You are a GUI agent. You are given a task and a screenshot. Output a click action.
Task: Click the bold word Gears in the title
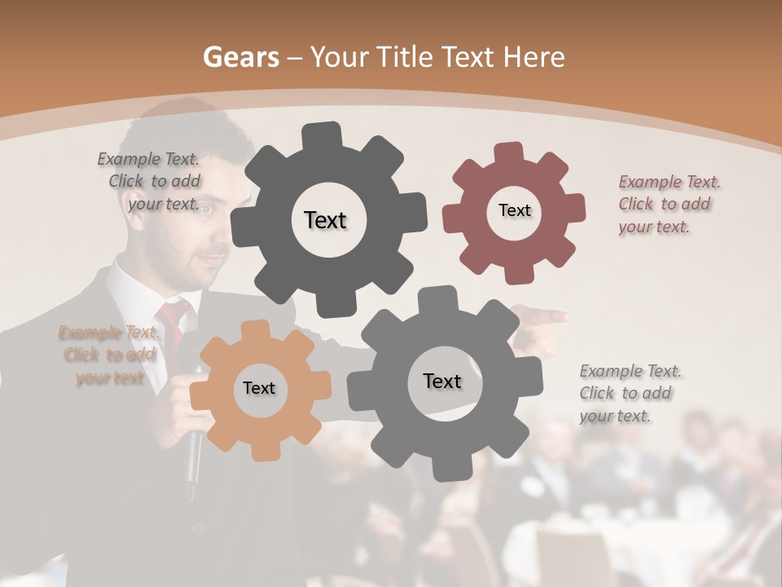click(239, 57)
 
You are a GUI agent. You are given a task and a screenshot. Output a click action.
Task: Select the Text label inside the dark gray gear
click(325, 220)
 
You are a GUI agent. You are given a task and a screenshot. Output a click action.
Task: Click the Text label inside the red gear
click(514, 210)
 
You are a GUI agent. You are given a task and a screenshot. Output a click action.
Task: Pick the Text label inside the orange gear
click(259, 388)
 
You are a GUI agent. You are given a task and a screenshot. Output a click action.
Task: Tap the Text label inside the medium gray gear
click(442, 381)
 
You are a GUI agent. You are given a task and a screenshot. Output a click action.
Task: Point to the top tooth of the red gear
click(509, 154)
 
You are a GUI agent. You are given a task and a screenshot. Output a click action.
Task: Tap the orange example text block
click(109, 355)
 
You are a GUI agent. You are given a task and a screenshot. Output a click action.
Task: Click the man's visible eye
click(209, 210)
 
